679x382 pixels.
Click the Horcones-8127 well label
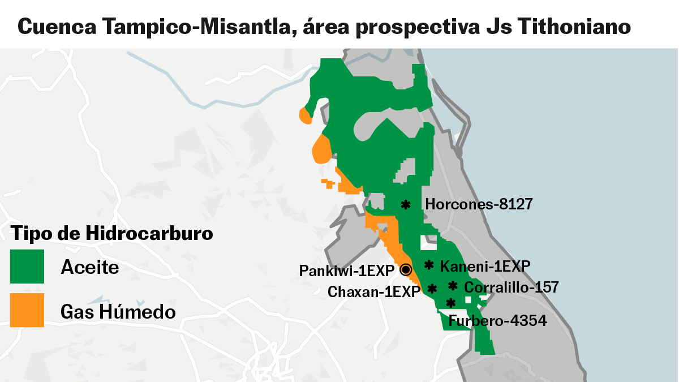[479, 204]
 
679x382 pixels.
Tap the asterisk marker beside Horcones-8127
[406, 205]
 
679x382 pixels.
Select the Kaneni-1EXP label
[485, 265]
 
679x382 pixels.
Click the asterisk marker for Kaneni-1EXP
[429, 265]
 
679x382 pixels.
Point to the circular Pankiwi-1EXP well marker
[406, 270]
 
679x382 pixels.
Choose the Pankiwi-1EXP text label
[346, 271]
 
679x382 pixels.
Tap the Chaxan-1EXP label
[374, 292]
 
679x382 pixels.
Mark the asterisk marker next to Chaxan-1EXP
[433, 289]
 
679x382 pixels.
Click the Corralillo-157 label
[512, 287]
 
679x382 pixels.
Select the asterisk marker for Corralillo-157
[453, 286]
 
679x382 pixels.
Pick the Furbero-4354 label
[497, 321]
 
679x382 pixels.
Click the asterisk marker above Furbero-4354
[451, 303]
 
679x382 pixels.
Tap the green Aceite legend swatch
[27, 267]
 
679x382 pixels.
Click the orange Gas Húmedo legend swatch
[27, 310]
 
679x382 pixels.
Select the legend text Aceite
[90, 267]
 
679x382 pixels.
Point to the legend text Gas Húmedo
[118, 311]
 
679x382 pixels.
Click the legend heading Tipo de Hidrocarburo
[112, 233]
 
